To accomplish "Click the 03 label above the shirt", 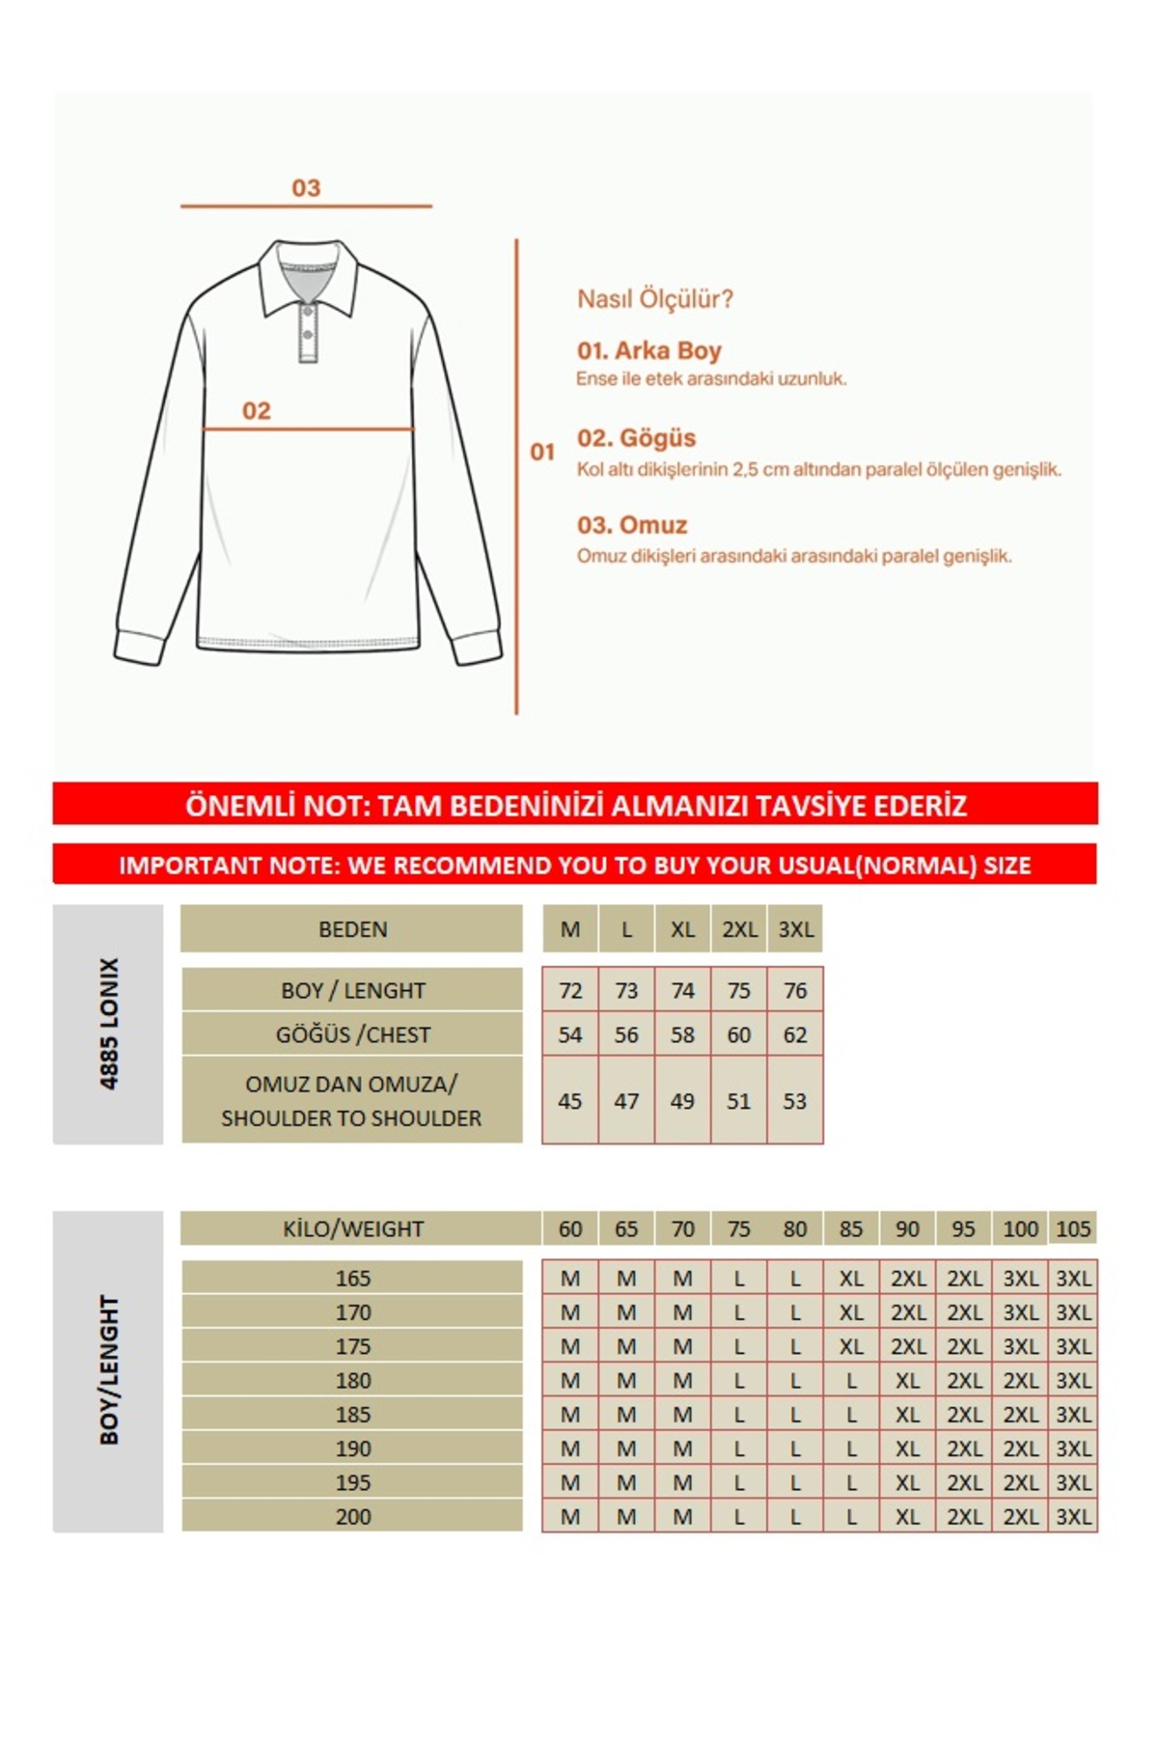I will click(306, 188).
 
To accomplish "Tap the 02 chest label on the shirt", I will click(256, 411).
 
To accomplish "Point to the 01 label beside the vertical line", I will click(542, 452).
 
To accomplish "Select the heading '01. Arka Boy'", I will click(648, 350).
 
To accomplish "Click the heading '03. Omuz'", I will click(632, 525).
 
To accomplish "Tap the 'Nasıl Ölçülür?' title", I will click(654, 299).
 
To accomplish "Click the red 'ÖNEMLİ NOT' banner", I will click(575, 805).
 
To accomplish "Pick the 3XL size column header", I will click(796, 929).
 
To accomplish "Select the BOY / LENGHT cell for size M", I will click(570, 991).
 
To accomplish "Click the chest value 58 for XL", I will click(682, 1035).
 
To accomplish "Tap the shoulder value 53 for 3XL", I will click(794, 1101).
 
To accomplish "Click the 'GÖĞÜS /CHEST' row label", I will click(352, 1035).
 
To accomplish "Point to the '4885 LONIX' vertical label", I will click(109, 1024).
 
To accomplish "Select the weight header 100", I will click(1020, 1229).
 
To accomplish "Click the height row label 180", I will click(352, 1381).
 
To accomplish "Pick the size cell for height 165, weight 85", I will click(850, 1279).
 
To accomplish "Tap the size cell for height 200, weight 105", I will click(1073, 1517).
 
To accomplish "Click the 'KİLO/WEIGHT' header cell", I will click(352, 1229).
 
